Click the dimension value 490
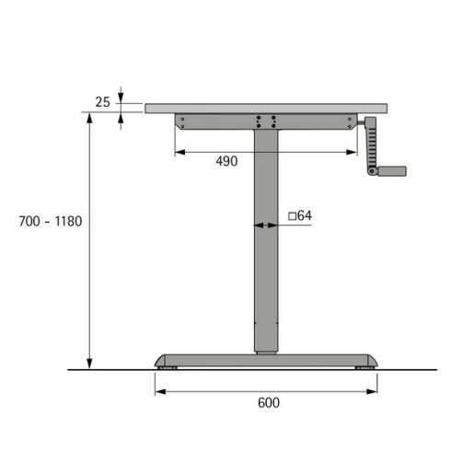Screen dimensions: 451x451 click(226, 161)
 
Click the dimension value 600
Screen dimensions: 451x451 click(268, 402)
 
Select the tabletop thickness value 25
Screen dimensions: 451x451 click(103, 101)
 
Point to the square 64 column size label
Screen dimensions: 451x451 click(300, 216)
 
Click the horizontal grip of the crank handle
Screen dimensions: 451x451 click(391, 170)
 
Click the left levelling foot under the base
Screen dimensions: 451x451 click(165, 368)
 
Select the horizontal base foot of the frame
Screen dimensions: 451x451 click(266, 359)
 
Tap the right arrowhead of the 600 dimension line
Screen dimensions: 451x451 click(373, 391)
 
